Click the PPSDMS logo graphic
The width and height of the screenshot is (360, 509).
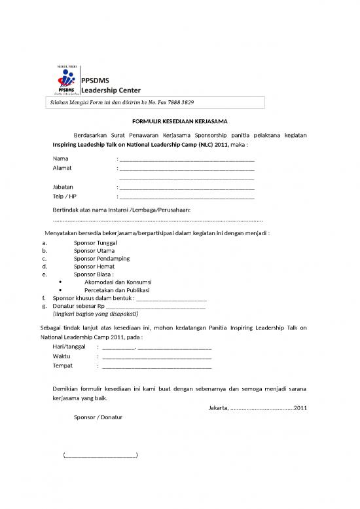[64, 81]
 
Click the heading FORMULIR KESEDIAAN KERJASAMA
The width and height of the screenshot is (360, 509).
[179, 121]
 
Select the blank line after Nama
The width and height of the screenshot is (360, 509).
[187, 159]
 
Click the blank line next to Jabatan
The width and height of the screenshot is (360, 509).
[187, 187]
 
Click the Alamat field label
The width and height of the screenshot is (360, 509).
[62, 168]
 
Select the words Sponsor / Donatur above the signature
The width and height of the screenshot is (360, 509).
[98, 417]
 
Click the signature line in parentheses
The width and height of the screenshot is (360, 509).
[101, 455]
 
